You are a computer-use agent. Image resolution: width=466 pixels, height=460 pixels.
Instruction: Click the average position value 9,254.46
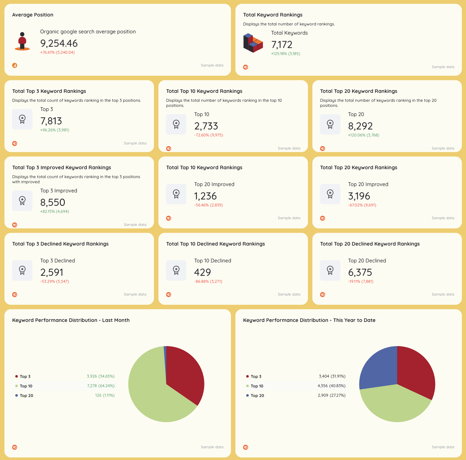pyautogui.click(x=59, y=43)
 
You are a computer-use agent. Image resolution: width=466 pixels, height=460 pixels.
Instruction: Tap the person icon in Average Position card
pyautogui.click(x=22, y=41)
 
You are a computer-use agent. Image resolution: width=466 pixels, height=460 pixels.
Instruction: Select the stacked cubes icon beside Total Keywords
pyautogui.click(x=253, y=43)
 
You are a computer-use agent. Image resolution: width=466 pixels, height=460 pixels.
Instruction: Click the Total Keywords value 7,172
pyautogui.click(x=282, y=45)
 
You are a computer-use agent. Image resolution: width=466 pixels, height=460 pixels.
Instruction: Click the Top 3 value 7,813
pyautogui.click(x=51, y=121)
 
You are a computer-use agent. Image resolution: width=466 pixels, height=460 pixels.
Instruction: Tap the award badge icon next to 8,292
pyautogui.click(x=330, y=124)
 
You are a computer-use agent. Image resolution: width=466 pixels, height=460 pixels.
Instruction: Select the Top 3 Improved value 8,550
pyautogui.click(x=52, y=202)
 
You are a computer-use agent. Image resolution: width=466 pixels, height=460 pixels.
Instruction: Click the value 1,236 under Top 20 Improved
pyautogui.click(x=205, y=196)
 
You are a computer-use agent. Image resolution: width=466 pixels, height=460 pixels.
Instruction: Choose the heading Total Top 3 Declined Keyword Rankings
pyautogui.click(x=60, y=244)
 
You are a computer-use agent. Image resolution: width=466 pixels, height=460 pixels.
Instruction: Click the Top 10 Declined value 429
pyautogui.click(x=202, y=272)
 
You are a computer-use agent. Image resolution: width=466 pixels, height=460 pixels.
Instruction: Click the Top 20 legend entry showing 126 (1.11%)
pyautogui.click(x=26, y=395)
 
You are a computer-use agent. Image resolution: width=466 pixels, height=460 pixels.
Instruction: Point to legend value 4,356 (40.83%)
pyautogui.click(x=331, y=386)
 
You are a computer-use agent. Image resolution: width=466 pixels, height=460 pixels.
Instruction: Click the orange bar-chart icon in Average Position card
pyautogui.click(x=15, y=66)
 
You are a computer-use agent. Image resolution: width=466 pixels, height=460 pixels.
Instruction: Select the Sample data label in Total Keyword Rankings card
pyautogui.click(x=443, y=67)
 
